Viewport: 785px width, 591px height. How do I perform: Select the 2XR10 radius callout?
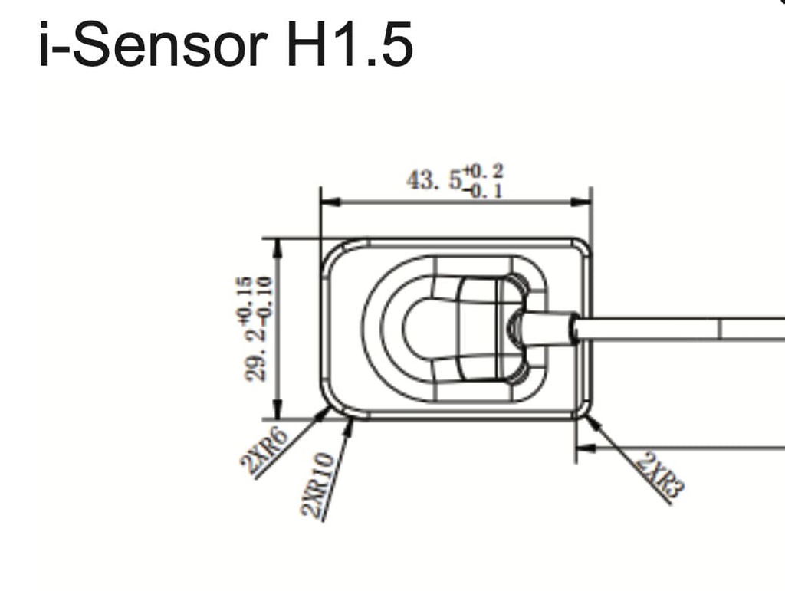pyautogui.click(x=318, y=484)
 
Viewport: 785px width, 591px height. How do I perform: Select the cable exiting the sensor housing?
pyautogui.click(x=675, y=330)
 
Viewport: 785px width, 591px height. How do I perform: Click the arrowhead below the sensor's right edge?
pyautogui.click(x=585, y=448)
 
